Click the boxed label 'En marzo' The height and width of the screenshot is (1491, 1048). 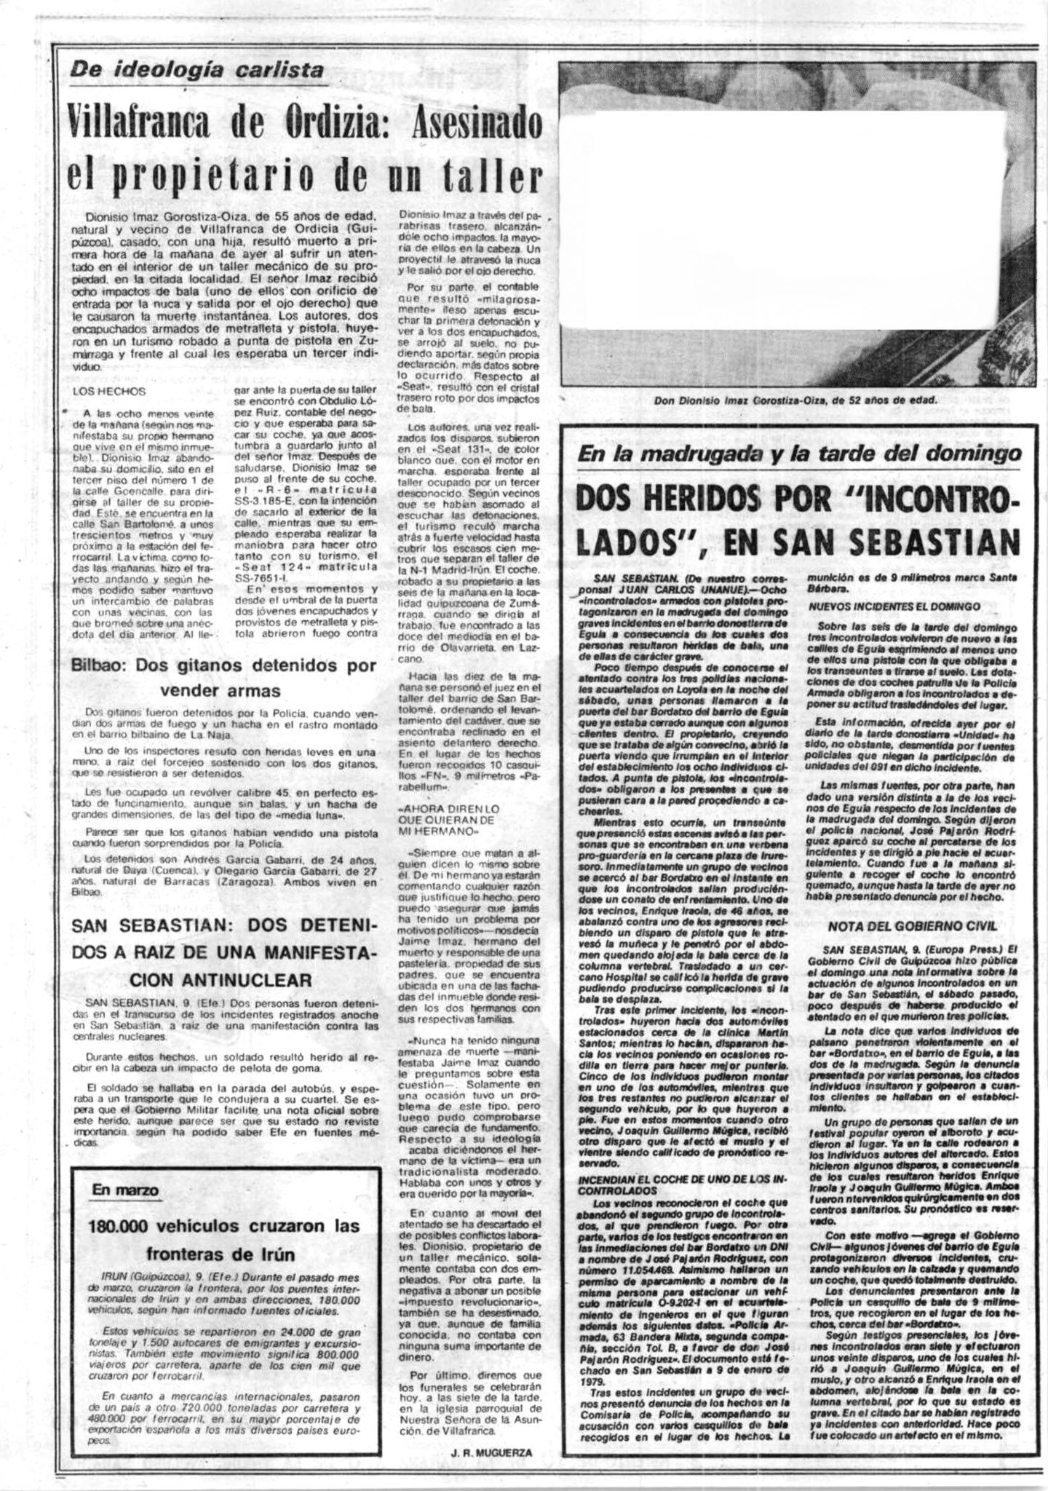click(125, 1189)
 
